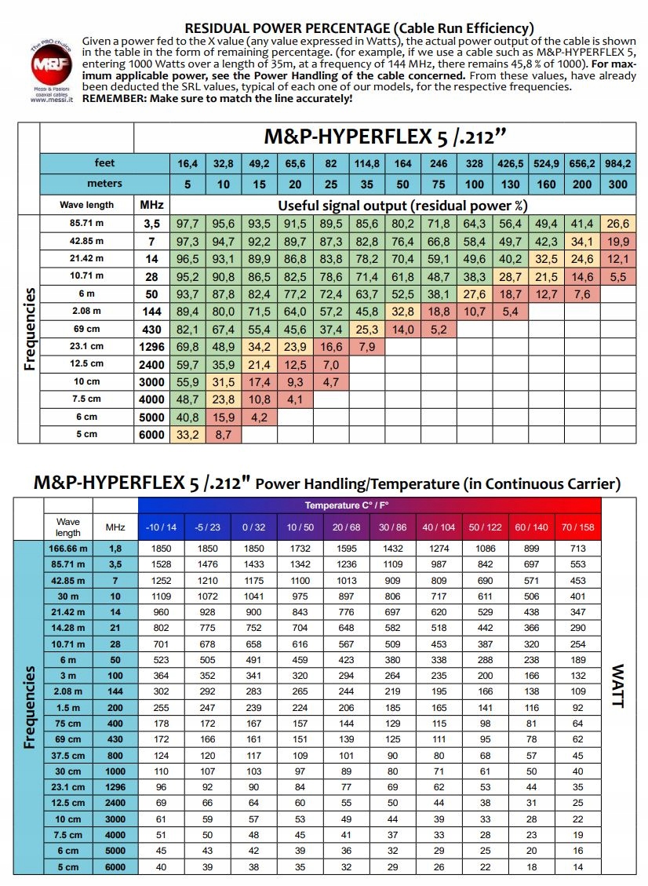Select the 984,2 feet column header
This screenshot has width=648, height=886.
(x=618, y=163)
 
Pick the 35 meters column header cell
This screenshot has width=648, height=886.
(x=366, y=184)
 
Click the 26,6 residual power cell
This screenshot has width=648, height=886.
(x=618, y=224)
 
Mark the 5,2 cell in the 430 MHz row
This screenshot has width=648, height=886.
(x=439, y=330)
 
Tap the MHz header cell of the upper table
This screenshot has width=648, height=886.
(x=151, y=204)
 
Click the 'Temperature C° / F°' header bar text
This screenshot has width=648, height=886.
(x=369, y=505)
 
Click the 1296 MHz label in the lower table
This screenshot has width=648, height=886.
(x=115, y=787)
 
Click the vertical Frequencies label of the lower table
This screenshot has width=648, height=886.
(x=30, y=706)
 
